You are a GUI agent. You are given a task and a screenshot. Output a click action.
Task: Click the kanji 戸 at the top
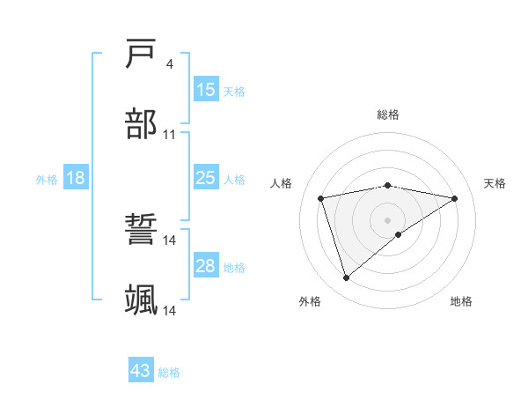[x=142, y=55]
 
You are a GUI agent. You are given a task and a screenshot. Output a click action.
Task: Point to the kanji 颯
[x=142, y=300]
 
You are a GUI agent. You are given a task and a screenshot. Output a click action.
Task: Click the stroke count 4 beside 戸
[x=169, y=64]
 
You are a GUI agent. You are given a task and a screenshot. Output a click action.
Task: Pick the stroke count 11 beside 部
[x=170, y=134]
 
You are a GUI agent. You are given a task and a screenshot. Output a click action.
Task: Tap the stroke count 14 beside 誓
[x=170, y=240]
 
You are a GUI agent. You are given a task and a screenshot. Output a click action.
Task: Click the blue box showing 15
[x=205, y=89]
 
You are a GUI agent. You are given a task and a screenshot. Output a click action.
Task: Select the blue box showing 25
[x=205, y=179]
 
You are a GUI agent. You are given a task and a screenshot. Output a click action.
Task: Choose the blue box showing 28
[x=205, y=266]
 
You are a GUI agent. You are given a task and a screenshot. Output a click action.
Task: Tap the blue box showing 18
[x=76, y=179]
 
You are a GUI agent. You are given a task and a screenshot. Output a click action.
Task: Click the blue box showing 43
[x=141, y=372]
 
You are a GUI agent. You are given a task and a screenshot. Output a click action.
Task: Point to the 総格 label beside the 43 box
[x=170, y=373]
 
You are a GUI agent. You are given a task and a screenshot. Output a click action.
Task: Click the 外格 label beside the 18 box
[x=47, y=180]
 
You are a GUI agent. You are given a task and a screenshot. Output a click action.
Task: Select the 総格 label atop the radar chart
[x=388, y=115]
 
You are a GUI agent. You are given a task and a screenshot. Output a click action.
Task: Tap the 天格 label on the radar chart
[x=495, y=183]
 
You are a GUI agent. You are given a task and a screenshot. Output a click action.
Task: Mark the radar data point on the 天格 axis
[x=455, y=198]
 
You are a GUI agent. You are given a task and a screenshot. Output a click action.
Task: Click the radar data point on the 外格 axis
[x=346, y=278]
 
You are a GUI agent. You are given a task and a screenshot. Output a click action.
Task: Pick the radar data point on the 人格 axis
[x=321, y=198]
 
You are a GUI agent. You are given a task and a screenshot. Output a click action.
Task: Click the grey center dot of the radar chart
[x=388, y=219]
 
